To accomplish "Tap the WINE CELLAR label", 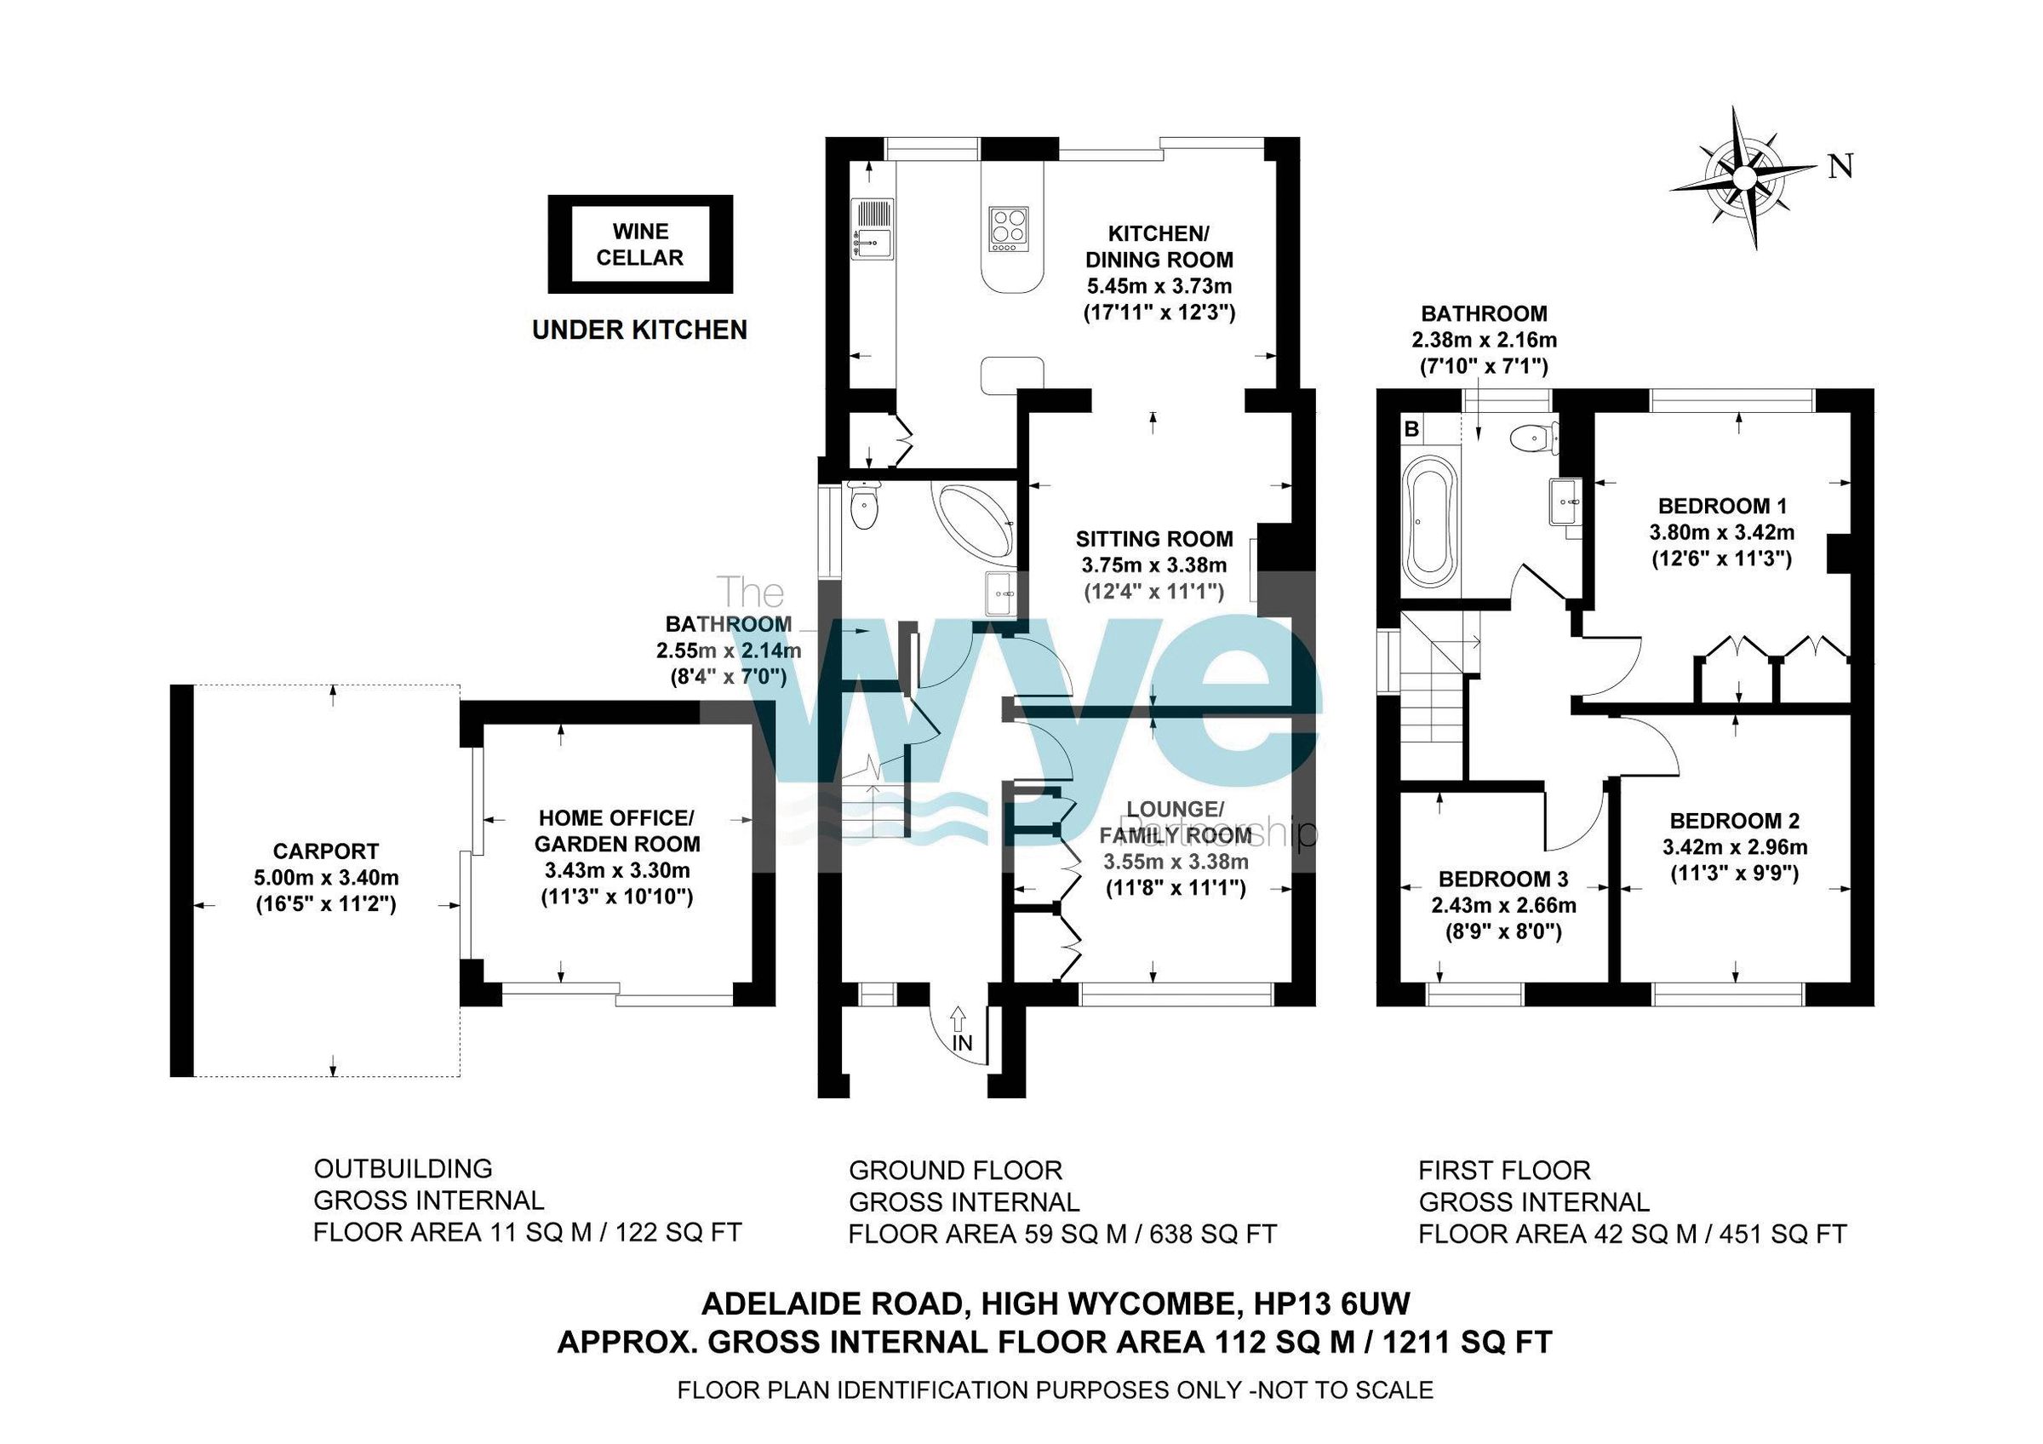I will tap(640, 244).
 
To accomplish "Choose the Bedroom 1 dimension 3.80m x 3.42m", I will tap(1721, 533).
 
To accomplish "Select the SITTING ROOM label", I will tap(1154, 538).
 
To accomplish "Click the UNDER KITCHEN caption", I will tap(639, 330).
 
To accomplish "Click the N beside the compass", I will tap(1840, 167).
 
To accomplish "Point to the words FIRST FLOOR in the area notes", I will tap(1504, 1170).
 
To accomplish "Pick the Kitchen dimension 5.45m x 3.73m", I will tap(1159, 286).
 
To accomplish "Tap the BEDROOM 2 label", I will tap(1734, 820).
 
